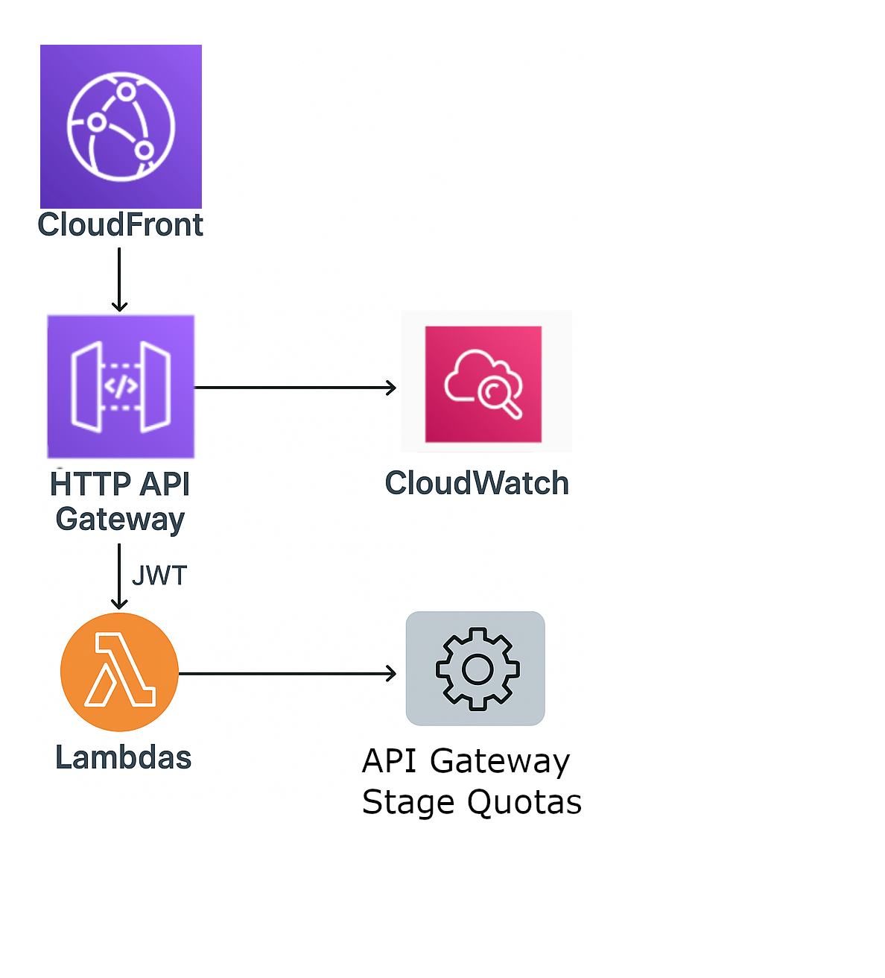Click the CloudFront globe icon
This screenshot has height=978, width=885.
pos(121,126)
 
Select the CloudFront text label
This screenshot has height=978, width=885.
pos(121,225)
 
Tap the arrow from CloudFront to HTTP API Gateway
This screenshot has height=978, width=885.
pos(119,280)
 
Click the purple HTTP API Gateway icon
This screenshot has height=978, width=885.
pos(121,386)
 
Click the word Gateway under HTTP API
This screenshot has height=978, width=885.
pos(120,519)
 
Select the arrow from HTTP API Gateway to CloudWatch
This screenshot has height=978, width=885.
pos(295,388)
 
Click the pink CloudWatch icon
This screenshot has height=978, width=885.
pos(483,384)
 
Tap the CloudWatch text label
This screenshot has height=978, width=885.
pos(477,484)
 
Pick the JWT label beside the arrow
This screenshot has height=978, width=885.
pos(159,575)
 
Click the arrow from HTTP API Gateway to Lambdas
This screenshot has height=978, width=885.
pos(119,576)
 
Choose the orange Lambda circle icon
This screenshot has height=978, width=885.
pos(119,672)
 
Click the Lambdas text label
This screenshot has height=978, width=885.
pos(124,758)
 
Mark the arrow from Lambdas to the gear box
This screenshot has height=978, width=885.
pos(288,674)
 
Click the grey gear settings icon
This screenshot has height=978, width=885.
pos(476,669)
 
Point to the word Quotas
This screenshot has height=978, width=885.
pos(524,803)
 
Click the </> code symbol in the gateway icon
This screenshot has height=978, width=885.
pos(121,386)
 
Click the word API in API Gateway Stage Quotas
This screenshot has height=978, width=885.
pos(389,761)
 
